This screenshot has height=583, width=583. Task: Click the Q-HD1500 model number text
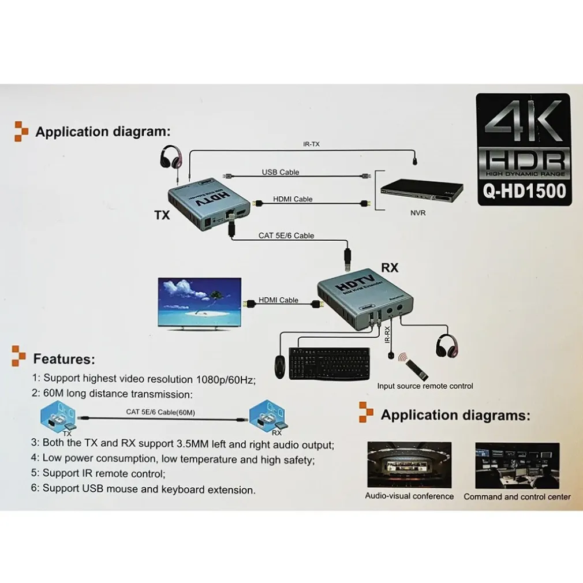[524, 191]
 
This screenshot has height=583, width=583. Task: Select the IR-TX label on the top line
[311, 144]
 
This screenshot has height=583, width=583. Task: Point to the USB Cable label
[281, 173]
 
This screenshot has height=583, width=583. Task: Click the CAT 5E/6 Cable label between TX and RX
[286, 236]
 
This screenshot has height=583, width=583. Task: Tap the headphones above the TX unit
[170, 156]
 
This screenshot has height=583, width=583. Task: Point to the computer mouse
[279, 367]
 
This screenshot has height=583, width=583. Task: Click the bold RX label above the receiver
[390, 268]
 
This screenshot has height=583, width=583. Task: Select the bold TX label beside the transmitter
[162, 215]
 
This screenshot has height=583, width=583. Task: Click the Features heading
[63, 359]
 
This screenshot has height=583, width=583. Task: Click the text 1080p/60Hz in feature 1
[225, 379]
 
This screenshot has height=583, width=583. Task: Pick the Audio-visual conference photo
[409, 465]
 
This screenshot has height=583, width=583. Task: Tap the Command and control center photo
[517, 465]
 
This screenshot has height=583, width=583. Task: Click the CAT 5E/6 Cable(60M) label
[160, 412]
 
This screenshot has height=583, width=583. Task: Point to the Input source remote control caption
[425, 386]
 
